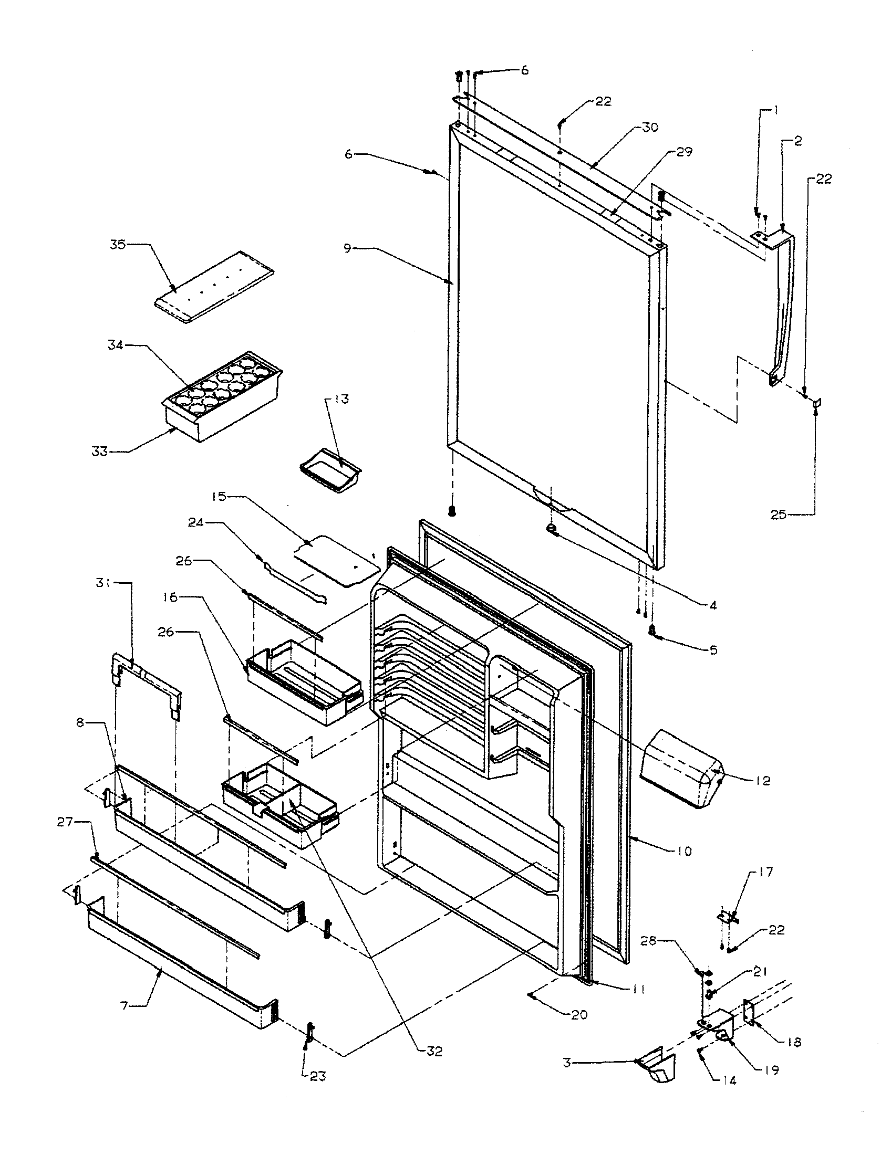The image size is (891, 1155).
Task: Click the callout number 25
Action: click(778, 514)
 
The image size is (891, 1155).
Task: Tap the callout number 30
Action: click(651, 127)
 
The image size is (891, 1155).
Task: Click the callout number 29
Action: click(685, 152)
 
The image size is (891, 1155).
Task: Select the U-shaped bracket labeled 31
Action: click(146, 682)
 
